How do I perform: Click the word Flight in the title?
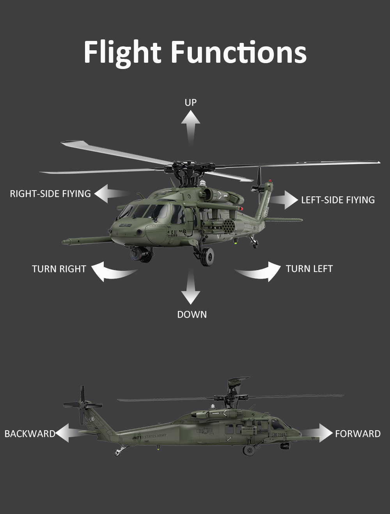[122, 53]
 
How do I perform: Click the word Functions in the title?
[239, 53]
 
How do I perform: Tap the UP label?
[191, 102]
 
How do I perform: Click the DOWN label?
[192, 314]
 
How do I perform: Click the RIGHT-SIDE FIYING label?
[50, 194]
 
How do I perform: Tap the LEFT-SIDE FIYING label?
[338, 200]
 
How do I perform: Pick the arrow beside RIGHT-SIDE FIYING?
[109, 194]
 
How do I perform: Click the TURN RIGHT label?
[59, 269]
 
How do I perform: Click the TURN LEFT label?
[309, 269]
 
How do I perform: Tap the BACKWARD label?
[30, 434]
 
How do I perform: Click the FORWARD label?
[358, 434]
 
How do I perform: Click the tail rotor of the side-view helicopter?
[83, 405]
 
